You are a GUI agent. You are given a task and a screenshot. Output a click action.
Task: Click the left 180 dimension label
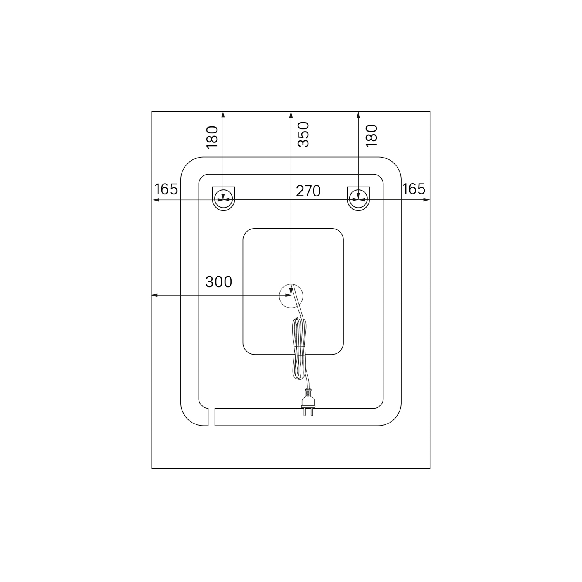tap(212, 137)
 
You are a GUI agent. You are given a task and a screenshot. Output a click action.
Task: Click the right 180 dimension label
tap(371, 135)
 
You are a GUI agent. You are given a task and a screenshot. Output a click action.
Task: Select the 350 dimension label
tap(303, 135)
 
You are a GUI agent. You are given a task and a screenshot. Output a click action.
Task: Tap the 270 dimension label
tap(308, 191)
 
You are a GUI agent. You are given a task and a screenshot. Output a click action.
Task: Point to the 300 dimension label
tap(219, 282)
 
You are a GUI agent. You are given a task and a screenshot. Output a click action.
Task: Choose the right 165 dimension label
tap(414, 189)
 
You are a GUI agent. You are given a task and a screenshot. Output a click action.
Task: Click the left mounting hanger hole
tap(223, 198)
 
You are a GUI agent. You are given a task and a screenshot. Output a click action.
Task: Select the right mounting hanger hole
tap(359, 198)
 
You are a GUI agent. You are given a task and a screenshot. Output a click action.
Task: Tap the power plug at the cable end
tap(308, 402)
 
